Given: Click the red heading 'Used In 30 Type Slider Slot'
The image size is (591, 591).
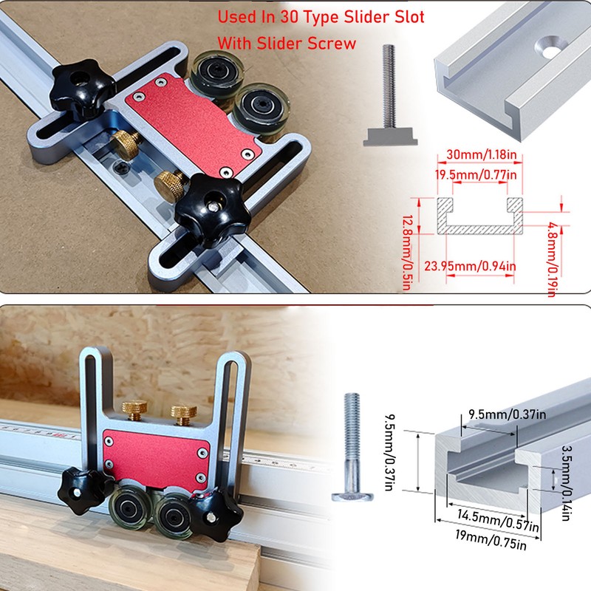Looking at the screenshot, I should pos(321,17).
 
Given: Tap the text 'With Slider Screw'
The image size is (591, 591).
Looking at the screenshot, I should pos(287,44).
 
